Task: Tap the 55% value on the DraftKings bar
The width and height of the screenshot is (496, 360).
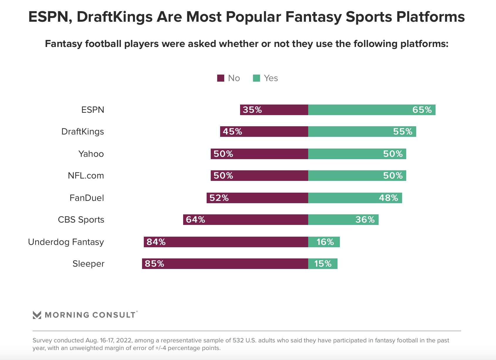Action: coord(403,132)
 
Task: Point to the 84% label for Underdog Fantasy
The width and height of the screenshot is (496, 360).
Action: coord(156,242)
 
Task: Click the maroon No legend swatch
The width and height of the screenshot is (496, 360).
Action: coord(221,78)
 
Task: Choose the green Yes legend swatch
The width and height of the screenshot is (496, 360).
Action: coord(257,78)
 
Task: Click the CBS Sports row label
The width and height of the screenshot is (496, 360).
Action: coord(81,220)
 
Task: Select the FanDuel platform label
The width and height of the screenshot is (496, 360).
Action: coord(87,198)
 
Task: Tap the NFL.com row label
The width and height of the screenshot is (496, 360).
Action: coord(86,176)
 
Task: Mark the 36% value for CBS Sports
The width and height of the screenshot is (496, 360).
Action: coord(365,220)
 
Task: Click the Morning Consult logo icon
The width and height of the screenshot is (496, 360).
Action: coord(37,315)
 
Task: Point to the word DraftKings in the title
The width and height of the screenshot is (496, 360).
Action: coord(114,17)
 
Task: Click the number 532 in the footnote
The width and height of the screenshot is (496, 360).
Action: coord(238,340)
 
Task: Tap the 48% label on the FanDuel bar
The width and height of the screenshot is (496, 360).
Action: coord(388,198)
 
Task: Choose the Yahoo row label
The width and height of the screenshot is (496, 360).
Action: coord(91,154)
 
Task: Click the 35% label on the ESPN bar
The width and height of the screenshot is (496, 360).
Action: coord(252,110)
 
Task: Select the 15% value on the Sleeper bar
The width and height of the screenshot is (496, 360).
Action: coord(323,264)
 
